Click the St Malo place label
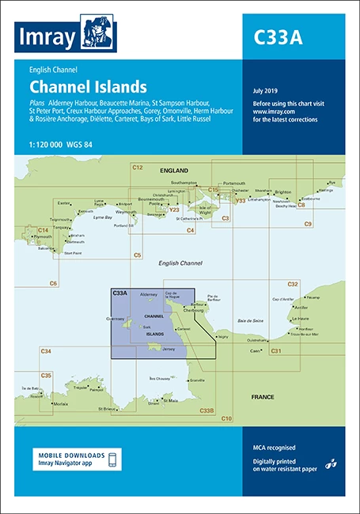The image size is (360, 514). (168, 401)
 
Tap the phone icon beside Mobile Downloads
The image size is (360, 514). (114, 460)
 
